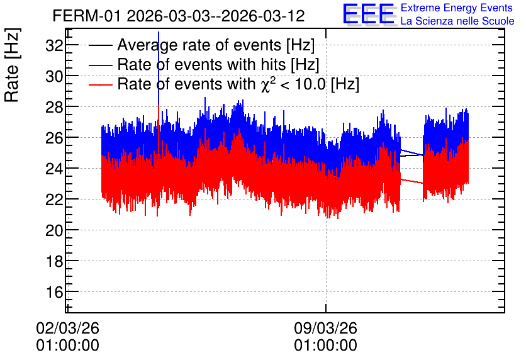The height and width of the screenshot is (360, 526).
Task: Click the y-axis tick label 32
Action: click(54, 45)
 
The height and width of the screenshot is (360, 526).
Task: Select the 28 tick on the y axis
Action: click(54, 107)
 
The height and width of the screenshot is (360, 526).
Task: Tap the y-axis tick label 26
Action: click(54, 138)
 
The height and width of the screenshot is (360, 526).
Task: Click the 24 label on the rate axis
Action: click(54, 169)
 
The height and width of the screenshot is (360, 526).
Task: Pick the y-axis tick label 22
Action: click(54, 200)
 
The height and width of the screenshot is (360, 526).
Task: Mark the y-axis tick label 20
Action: click(54, 230)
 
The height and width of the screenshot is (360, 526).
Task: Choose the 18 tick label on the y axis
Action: click(54, 261)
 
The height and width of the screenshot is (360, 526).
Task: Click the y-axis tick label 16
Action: click(54, 292)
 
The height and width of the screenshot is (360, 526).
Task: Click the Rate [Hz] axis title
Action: click(12, 65)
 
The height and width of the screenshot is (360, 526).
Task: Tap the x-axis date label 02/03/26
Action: click(67, 328)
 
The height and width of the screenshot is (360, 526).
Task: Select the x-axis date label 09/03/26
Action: click(325, 328)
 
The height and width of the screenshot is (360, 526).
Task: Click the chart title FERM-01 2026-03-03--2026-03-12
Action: click(179, 16)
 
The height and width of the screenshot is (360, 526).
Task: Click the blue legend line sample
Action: click(100, 65)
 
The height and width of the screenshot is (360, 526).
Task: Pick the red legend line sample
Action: click(100, 85)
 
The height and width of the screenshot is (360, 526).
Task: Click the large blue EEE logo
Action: click(369, 14)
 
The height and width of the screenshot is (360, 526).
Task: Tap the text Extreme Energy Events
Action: click(457, 8)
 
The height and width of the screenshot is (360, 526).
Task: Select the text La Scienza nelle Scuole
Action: click(457, 21)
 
